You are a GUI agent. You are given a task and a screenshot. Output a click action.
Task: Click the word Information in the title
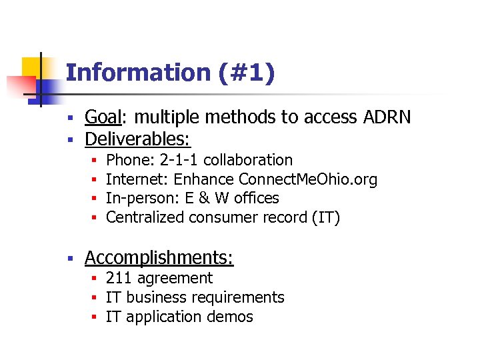(138, 73)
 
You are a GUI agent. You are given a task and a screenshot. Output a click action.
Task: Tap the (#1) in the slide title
(246, 73)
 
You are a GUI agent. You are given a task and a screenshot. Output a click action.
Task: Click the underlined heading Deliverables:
(137, 139)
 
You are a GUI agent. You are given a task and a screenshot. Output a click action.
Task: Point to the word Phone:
(131, 160)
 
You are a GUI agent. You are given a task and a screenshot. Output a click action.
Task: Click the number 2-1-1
(179, 160)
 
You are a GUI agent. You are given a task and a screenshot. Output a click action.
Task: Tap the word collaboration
(248, 160)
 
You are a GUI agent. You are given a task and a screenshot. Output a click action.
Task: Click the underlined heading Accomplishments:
(159, 257)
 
